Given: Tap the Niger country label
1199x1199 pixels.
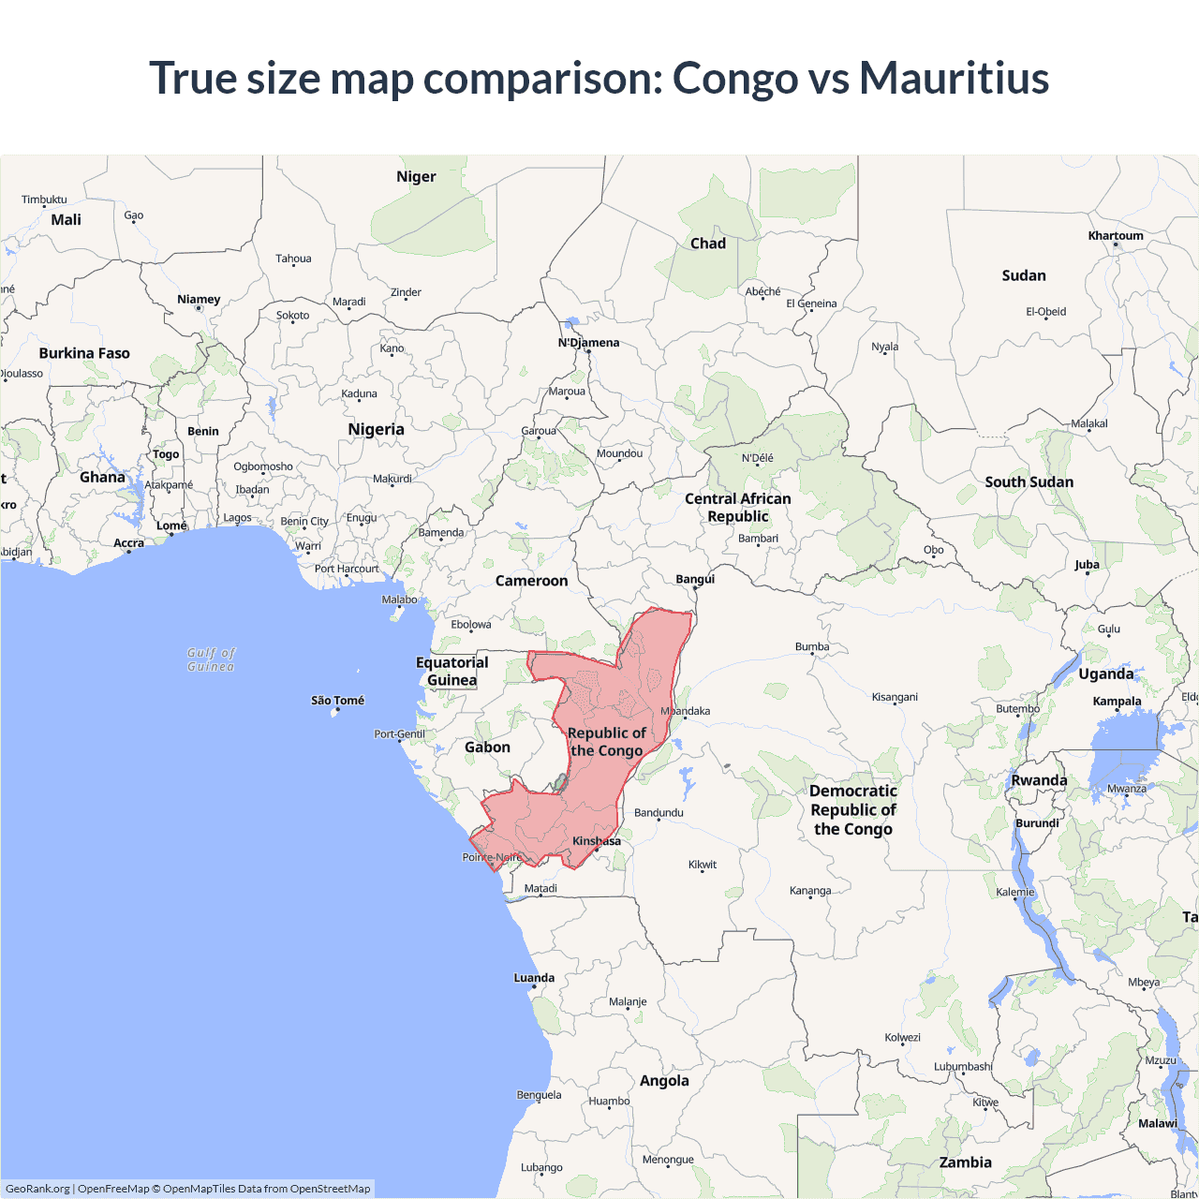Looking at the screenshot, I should (x=416, y=177).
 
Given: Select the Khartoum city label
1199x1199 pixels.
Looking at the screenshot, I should (x=1115, y=236).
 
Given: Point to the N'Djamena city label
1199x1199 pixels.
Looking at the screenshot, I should (x=588, y=343).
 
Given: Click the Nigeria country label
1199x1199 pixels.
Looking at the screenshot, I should (x=376, y=430).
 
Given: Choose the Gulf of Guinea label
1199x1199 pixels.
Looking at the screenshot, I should (x=211, y=659).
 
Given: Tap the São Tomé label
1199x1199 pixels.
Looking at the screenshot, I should (x=337, y=701).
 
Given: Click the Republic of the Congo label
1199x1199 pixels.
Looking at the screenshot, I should (x=606, y=742).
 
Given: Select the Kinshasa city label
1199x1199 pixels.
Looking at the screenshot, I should (x=596, y=841).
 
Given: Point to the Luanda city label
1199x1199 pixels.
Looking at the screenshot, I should (x=534, y=978).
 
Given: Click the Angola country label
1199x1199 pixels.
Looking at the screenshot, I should (x=664, y=1081).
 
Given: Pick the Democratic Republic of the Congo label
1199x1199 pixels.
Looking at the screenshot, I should (x=852, y=810).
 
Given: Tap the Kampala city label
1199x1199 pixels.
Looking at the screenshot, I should (x=1117, y=702).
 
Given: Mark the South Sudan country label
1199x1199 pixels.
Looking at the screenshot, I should (x=1029, y=482).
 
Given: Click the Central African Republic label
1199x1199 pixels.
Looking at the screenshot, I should (x=737, y=508).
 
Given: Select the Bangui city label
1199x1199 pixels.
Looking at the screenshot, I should (x=695, y=579).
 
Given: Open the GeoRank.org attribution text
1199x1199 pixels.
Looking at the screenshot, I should (x=37, y=1189).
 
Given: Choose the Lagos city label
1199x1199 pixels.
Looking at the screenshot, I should (x=237, y=518).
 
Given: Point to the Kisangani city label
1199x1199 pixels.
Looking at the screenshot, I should (x=895, y=697).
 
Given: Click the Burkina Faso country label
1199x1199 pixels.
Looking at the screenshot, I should (x=84, y=354).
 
